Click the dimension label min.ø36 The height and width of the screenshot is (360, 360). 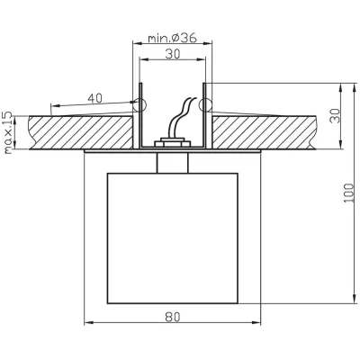(172, 38)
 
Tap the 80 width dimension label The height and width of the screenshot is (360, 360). (173, 317)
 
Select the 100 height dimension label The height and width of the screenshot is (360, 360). (348, 193)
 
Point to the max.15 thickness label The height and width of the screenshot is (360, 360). (8, 132)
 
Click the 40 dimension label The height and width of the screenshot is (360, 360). (94, 98)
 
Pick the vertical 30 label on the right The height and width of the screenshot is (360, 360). (335, 116)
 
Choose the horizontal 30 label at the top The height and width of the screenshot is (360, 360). (173, 54)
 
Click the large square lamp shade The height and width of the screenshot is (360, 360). (173, 238)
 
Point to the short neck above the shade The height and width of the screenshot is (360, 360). (173, 163)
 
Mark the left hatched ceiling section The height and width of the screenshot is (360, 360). (81, 132)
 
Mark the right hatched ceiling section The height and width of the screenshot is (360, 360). (264, 132)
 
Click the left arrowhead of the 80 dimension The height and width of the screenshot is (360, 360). (88, 323)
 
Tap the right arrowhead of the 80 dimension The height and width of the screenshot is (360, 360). (256, 323)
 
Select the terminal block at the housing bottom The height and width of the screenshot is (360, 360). (172, 142)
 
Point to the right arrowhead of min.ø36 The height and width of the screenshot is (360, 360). (208, 44)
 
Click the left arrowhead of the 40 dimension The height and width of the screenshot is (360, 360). (56, 106)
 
